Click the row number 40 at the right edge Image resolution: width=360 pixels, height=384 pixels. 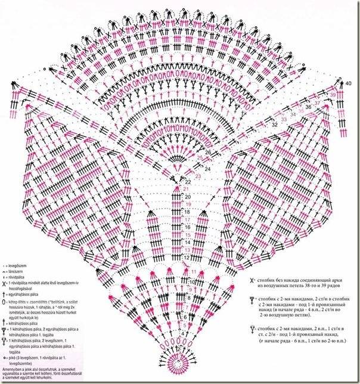(x=349, y=82)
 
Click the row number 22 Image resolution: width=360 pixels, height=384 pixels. (x=188, y=181)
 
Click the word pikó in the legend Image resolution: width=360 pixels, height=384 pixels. (x=13, y=358)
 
